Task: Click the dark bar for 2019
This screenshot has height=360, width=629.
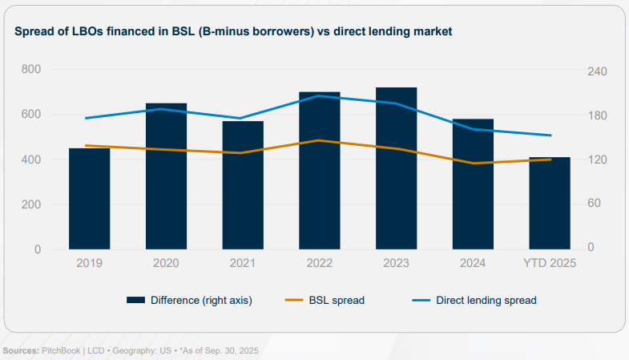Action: [x=89, y=199]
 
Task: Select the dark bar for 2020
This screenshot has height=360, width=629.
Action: [x=166, y=176]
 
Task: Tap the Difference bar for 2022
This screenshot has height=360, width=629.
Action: [x=320, y=171]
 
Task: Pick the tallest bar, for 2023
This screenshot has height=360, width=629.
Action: [x=396, y=168]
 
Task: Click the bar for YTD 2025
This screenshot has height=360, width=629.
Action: [x=550, y=204]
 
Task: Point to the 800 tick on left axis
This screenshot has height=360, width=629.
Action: [x=31, y=69]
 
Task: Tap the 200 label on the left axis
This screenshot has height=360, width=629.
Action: [x=31, y=204]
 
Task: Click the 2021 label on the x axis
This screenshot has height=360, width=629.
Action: [x=243, y=263]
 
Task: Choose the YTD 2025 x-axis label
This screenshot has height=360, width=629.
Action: [x=550, y=263]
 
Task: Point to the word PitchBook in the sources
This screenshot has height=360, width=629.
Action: [x=60, y=352]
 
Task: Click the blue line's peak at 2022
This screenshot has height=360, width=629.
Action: [x=320, y=96]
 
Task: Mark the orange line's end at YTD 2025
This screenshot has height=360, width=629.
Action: [x=550, y=160]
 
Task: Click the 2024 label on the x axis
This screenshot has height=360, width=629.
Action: [x=473, y=263]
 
